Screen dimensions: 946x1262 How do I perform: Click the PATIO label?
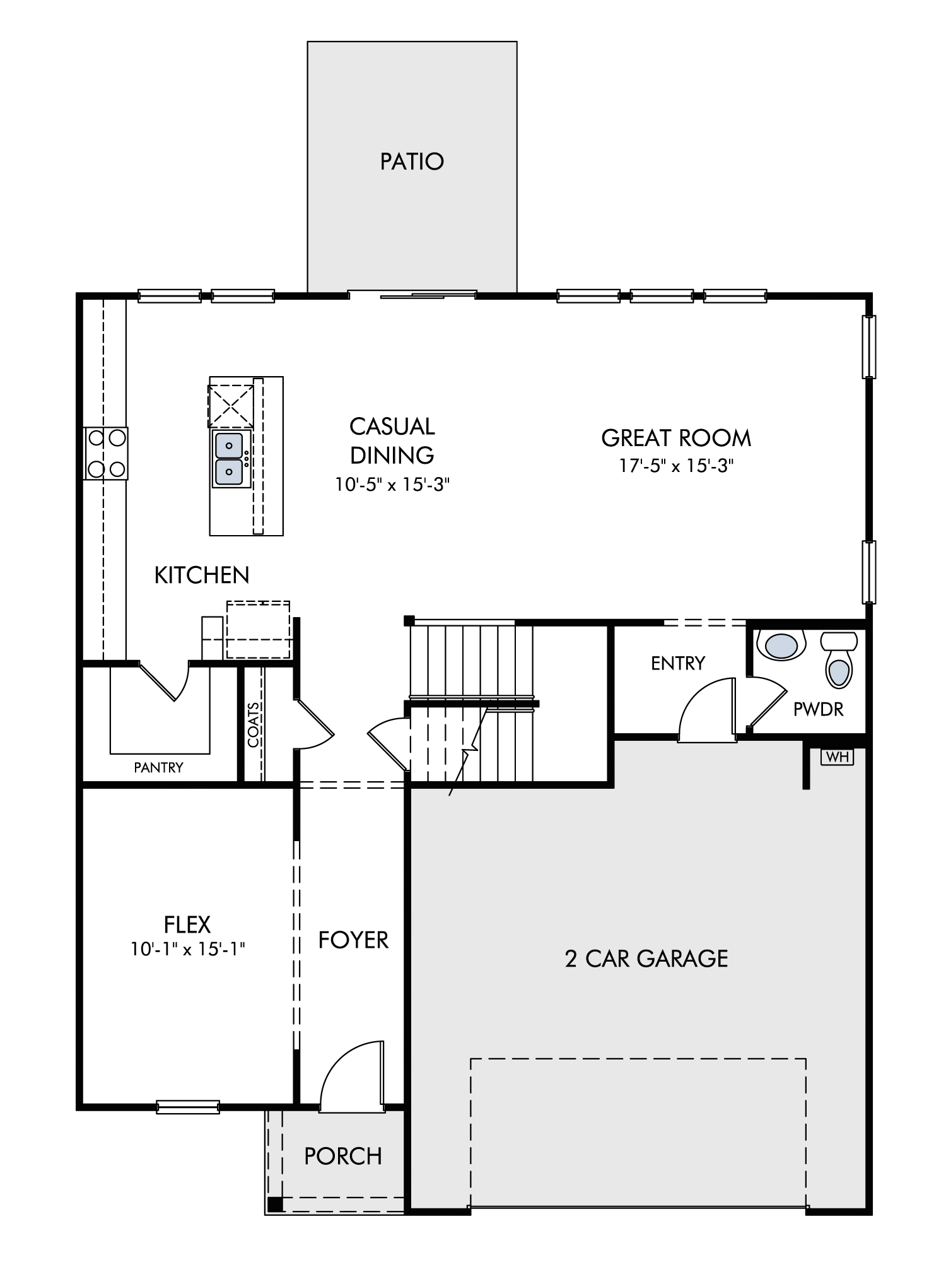[x=412, y=162]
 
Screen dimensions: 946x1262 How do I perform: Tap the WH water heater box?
[x=837, y=757]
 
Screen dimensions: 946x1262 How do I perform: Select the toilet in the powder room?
[x=838, y=660]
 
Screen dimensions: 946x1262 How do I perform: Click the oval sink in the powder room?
[x=785, y=646]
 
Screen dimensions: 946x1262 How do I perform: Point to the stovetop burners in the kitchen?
[x=106, y=453]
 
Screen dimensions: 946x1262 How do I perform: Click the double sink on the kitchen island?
[x=230, y=459]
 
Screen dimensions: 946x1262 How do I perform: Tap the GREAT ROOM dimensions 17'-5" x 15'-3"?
[x=676, y=466]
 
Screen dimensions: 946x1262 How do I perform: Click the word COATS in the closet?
[x=253, y=726]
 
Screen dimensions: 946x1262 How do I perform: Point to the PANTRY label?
[x=158, y=767]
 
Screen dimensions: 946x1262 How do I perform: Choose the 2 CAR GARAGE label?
[x=646, y=958]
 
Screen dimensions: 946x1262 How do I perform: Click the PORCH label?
[x=343, y=1156]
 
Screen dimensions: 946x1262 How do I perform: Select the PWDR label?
[x=818, y=709]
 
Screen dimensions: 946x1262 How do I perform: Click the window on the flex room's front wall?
[x=188, y=1107]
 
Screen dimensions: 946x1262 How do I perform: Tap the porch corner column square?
[x=275, y=1204]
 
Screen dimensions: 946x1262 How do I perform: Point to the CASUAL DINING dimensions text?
[x=392, y=485]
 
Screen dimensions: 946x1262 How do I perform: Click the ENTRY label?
[x=678, y=663]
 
